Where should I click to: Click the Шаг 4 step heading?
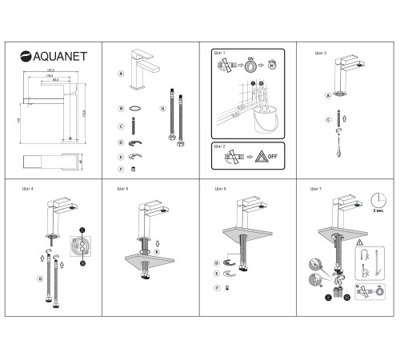click(x=26, y=190)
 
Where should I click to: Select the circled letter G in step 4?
click(x=39, y=278)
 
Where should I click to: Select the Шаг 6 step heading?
click(x=221, y=190)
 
